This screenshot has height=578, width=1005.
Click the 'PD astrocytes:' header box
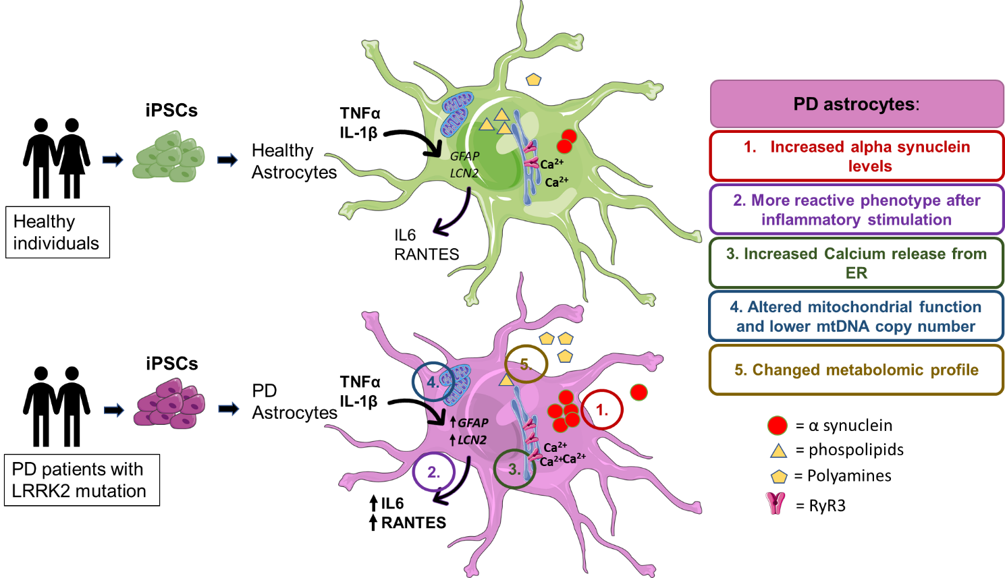(857, 104)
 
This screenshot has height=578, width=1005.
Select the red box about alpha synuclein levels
(857, 156)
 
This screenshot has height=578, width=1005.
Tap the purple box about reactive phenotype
(857, 210)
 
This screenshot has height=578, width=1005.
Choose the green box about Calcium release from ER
(857, 263)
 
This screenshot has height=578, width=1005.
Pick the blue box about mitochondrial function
(857, 316)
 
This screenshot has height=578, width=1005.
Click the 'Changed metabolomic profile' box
(857, 370)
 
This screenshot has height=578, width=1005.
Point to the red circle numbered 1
(602, 409)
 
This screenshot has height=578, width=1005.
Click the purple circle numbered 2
(433, 472)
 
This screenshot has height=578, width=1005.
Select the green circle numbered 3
(514, 469)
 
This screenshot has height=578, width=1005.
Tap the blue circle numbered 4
(432, 382)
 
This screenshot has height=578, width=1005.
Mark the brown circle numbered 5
(526, 364)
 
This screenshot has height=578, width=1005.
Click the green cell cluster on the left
(169, 157)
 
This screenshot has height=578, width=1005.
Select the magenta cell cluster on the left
(169, 404)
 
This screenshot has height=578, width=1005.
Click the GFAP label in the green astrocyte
(464, 156)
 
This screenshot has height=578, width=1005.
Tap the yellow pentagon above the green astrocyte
(533, 80)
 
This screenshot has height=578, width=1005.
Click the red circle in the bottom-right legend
(778, 426)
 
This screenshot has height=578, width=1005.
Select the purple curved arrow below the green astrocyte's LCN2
(450, 216)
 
